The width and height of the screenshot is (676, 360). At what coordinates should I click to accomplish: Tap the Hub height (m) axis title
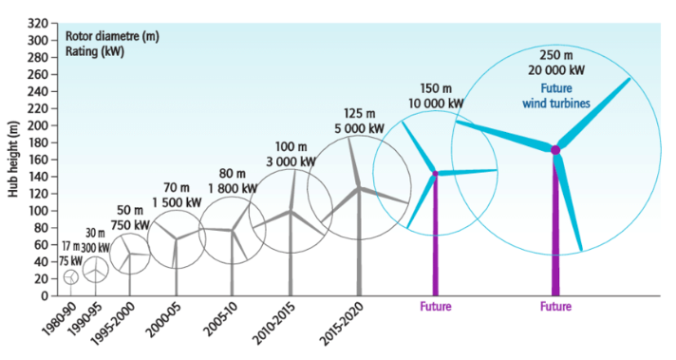click(x=14, y=159)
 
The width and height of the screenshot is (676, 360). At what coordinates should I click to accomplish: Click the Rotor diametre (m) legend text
click(x=112, y=36)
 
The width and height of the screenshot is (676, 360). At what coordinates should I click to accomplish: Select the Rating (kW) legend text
click(x=95, y=51)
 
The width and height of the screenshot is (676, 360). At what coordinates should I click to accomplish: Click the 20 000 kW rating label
click(x=556, y=70)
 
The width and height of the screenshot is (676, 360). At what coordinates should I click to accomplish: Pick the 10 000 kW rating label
click(x=436, y=104)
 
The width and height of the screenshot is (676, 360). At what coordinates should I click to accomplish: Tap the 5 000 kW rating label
click(x=359, y=128)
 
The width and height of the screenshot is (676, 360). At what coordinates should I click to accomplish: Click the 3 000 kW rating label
click(x=291, y=161)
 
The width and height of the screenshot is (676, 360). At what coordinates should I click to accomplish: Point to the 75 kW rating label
click(x=70, y=261)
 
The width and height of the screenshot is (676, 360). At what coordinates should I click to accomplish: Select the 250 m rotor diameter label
click(x=556, y=55)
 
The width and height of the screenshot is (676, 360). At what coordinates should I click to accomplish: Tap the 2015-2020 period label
click(x=343, y=324)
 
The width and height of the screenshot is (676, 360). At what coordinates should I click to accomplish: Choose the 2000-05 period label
click(x=162, y=320)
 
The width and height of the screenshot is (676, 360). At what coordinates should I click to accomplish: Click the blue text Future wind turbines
click(x=556, y=96)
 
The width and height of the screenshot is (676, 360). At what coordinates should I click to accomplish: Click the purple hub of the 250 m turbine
click(x=555, y=150)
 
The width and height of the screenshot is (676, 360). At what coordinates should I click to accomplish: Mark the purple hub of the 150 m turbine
click(x=435, y=173)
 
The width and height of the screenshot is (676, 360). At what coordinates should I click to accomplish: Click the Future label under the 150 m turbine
click(x=436, y=307)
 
